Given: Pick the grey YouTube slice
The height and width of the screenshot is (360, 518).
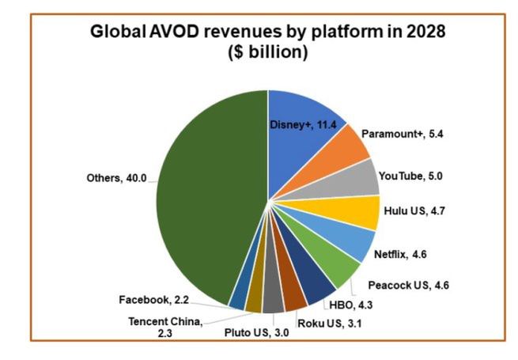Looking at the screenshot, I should click(x=360, y=178).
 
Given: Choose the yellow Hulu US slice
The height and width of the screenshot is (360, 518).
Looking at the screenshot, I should click(x=360, y=211).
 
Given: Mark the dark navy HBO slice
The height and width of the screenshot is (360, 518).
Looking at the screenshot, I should click(x=318, y=287).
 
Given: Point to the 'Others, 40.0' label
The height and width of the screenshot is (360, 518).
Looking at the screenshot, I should click(x=116, y=178).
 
